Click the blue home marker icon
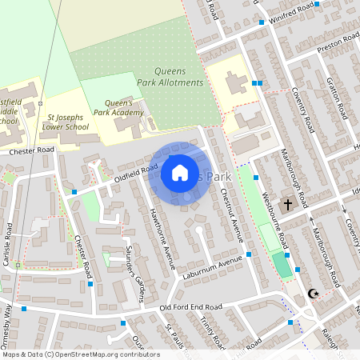click(180, 172)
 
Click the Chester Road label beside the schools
click(32, 150)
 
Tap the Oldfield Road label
click(134, 170)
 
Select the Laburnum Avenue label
click(214, 265)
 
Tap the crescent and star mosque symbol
click(313, 294)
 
